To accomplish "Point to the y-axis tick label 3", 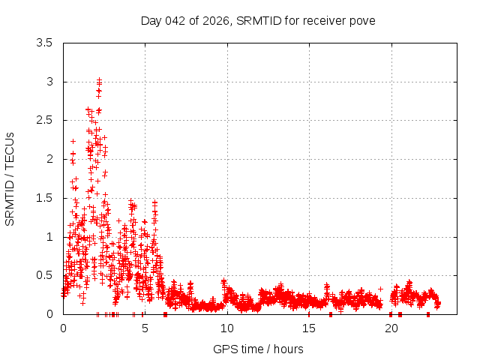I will pos(49,82).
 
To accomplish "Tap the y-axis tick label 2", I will pos(49,159).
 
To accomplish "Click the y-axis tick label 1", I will pos(49,237).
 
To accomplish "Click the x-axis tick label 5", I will pos(145,328).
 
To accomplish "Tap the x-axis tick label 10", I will pos(226,328).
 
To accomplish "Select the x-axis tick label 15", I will pos(309,328).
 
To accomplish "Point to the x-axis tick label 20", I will pos(391,328).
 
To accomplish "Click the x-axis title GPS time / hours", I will pos(258,349).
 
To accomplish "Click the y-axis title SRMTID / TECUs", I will pos(10,178).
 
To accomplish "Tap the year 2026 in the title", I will pos(217,20).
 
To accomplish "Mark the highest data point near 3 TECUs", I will pos(99,79).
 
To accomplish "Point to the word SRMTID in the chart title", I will pos(259,20).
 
